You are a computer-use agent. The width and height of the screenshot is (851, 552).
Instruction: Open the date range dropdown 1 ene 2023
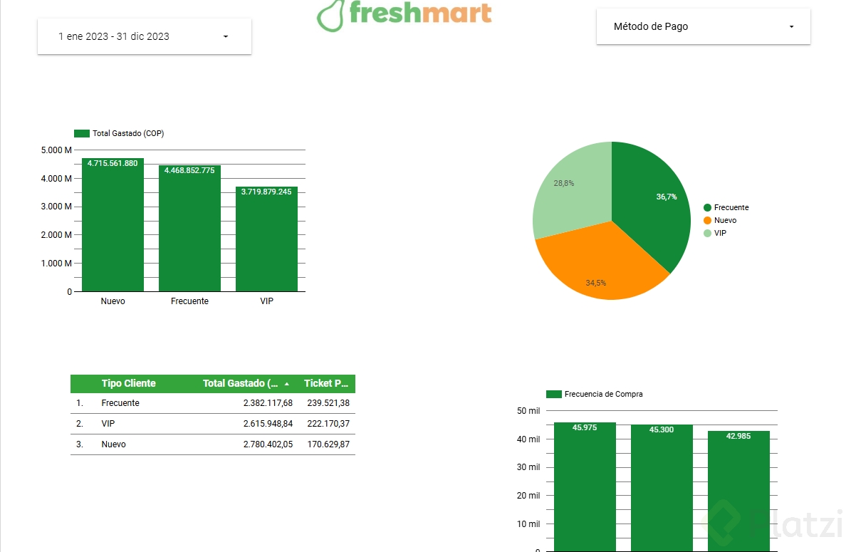[144, 36]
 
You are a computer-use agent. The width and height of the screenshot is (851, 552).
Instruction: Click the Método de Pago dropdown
[703, 27]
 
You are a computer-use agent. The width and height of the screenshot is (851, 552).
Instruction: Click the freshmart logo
[404, 14]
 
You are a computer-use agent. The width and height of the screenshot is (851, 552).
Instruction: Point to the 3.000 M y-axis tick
[58, 207]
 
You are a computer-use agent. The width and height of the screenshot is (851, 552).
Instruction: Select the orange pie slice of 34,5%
[598, 267]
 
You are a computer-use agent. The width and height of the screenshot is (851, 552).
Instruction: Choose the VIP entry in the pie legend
[719, 233]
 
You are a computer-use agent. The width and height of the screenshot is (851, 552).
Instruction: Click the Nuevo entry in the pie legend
[724, 220]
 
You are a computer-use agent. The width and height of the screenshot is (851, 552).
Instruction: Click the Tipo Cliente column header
[128, 383]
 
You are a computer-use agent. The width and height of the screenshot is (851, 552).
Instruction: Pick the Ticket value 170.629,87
[328, 444]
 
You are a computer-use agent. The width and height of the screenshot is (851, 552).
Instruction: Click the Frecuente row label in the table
[120, 403]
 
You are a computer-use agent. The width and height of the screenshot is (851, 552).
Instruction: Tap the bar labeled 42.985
[738, 491]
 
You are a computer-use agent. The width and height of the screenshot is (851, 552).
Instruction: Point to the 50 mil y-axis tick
[528, 411]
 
